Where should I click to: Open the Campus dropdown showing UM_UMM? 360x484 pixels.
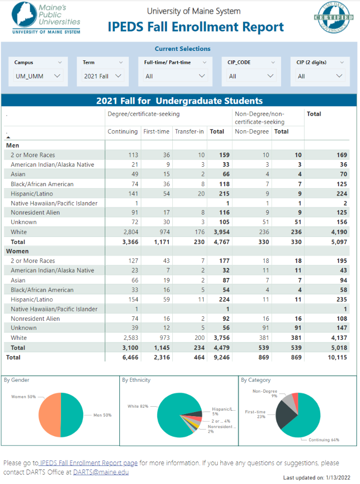tap(38, 76)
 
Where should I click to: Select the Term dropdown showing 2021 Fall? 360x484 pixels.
tap(102, 76)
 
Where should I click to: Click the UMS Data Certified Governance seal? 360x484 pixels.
tap(334, 17)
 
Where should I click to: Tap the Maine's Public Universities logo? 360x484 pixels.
tap(46, 18)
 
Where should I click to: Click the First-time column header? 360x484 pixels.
tap(156, 132)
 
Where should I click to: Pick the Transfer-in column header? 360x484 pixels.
tap(189, 132)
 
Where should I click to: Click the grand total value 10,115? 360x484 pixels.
tap(338, 357)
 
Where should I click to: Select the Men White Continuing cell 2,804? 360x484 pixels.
tap(131, 232)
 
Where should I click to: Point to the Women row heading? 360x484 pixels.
tap(17, 251)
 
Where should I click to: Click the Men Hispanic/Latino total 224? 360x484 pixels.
tap(342, 194)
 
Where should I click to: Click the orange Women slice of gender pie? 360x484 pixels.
tap(49, 415)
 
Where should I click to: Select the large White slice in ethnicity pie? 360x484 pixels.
tap(171, 411)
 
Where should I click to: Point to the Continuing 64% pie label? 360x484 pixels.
tap(324, 440)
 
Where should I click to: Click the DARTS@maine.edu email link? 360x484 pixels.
tap(101, 472)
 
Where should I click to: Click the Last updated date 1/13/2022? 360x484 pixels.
tap(338, 478)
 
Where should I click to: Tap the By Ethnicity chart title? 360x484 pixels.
tap(136, 380)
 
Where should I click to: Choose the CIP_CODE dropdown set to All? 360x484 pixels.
tap(251, 76)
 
